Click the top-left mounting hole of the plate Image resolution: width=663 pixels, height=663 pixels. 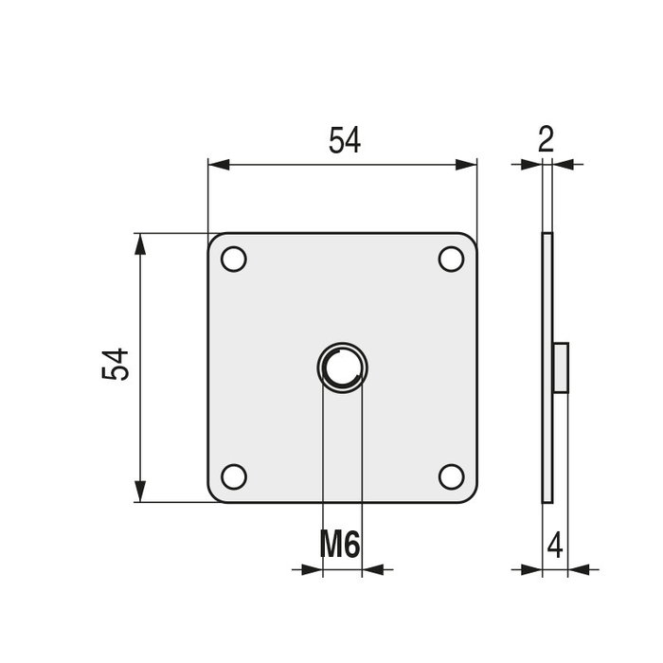234,259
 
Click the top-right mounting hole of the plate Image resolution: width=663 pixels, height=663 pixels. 451,259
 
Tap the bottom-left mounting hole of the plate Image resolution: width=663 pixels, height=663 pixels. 234,476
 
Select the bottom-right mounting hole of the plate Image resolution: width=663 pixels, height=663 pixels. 451,476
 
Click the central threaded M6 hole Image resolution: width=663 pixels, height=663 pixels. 342,367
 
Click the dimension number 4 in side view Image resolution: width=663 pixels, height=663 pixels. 555,546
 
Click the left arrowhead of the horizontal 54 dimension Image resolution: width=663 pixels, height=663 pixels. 219,165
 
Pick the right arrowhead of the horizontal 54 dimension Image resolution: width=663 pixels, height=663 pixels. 466,165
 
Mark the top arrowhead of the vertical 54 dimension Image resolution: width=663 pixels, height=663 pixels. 140,244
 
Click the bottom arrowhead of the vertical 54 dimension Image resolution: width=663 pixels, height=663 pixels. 140,491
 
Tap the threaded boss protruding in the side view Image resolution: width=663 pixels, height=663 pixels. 560,367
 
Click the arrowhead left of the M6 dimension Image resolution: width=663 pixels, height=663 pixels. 312,570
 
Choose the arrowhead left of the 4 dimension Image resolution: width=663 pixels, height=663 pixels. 531,570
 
